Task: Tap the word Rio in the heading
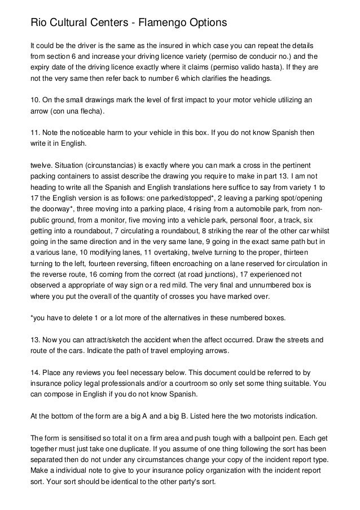click(38, 23)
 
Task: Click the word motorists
click(265, 416)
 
